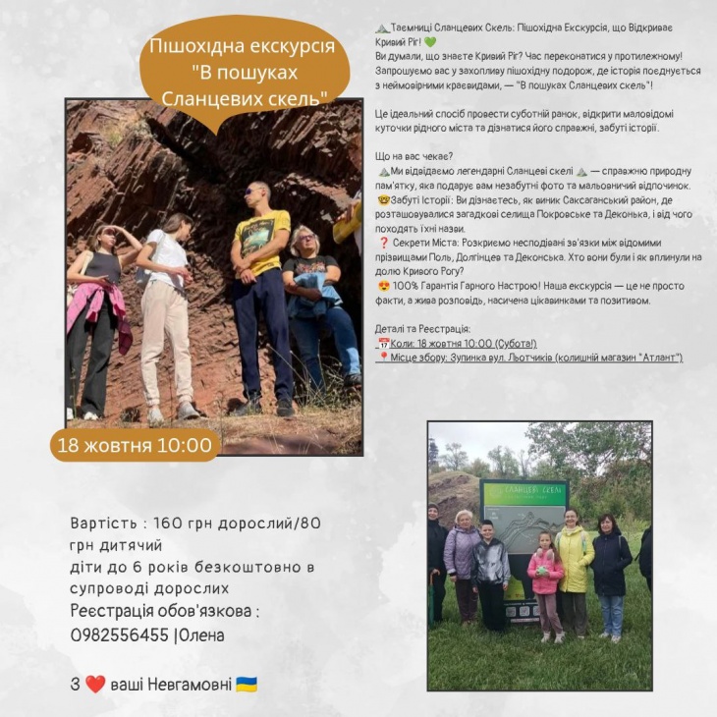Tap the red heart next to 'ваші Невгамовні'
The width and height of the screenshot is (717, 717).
[x=95, y=685]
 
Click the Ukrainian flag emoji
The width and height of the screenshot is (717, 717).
[x=247, y=685]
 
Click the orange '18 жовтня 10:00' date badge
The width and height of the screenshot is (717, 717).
[x=135, y=445]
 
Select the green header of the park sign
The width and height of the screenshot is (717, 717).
[x=524, y=493]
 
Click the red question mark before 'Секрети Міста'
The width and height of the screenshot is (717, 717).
[x=382, y=243]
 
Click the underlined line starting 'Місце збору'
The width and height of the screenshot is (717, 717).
[x=535, y=358]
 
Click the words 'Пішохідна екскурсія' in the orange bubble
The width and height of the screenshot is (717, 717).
[x=242, y=47]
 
